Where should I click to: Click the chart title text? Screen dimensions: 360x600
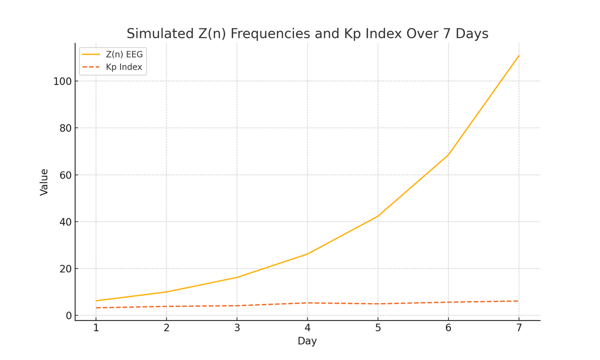(307, 33)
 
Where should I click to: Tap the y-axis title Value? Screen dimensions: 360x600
(44, 182)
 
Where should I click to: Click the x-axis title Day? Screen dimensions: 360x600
(307, 341)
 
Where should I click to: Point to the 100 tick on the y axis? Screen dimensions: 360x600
(62, 81)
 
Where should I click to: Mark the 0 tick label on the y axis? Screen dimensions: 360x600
(68, 315)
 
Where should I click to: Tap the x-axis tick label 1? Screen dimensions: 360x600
(96, 328)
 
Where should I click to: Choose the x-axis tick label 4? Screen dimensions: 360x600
(307, 328)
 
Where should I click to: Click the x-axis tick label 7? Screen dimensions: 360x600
(519, 328)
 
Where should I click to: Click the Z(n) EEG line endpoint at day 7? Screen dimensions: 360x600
(519, 55)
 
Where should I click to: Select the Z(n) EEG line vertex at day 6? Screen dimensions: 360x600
(448, 154)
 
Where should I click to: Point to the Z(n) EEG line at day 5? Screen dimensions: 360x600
(378, 216)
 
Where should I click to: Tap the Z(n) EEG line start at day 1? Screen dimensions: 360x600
(96, 301)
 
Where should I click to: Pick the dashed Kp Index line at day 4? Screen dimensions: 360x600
(307, 303)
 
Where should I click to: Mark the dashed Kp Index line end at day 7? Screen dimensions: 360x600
(519, 301)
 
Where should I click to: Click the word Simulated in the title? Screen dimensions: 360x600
(154, 33)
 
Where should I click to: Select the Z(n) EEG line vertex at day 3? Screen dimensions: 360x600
(237, 277)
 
